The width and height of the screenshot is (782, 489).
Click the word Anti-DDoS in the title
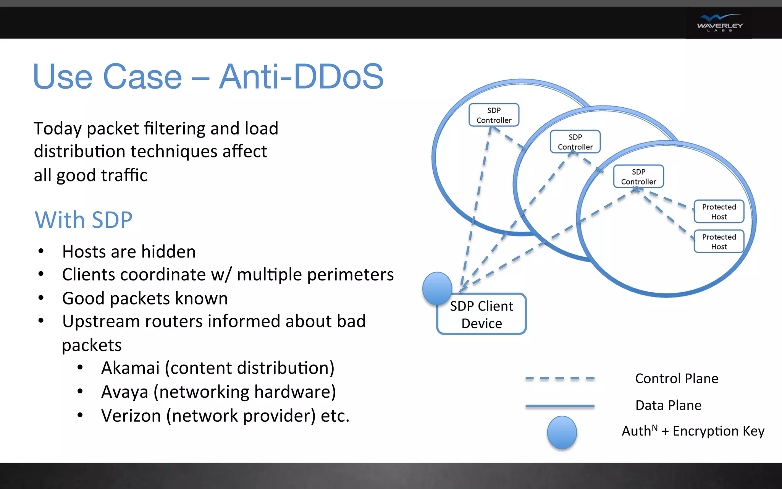[301, 77]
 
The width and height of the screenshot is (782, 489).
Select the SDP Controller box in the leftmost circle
[494, 115]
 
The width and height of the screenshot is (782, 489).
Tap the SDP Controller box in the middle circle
[575, 142]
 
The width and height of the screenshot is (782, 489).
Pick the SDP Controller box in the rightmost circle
[638, 176]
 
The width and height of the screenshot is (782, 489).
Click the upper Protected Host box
[719, 212]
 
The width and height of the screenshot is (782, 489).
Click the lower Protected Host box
[719, 241]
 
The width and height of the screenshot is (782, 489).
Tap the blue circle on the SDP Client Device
[437, 288]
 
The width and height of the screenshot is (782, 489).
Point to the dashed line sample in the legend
[560, 379]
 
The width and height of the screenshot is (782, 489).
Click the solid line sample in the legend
[560, 406]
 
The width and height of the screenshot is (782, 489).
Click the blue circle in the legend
[562, 432]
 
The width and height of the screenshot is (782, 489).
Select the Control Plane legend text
[677, 379]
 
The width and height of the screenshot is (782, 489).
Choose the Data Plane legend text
[668, 405]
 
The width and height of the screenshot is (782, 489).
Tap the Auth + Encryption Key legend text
[693, 431]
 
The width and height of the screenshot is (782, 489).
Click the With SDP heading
[84, 220]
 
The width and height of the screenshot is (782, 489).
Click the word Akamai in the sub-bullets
[130, 368]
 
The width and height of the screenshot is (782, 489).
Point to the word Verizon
[131, 416]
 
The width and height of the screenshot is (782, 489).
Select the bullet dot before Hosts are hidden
[41, 251]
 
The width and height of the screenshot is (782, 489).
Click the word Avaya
[124, 392]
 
